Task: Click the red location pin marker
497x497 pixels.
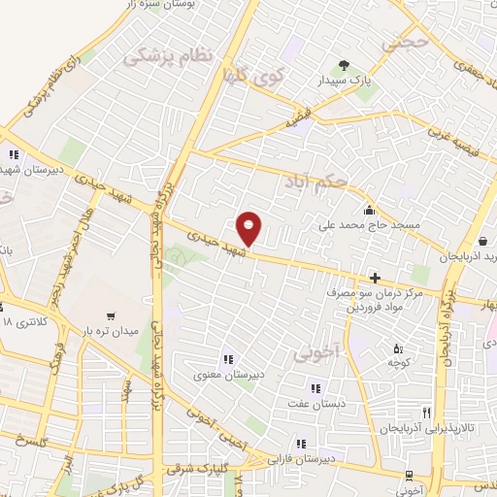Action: [x=249, y=227]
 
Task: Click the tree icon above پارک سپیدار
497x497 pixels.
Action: [x=343, y=66]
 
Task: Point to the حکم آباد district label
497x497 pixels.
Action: [x=315, y=180]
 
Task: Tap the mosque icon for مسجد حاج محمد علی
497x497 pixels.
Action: [x=368, y=211]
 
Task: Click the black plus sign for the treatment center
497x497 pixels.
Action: [x=375, y=279]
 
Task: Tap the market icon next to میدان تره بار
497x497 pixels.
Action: [x=114, y=316]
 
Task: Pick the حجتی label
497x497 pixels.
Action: [x=404, y=44]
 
